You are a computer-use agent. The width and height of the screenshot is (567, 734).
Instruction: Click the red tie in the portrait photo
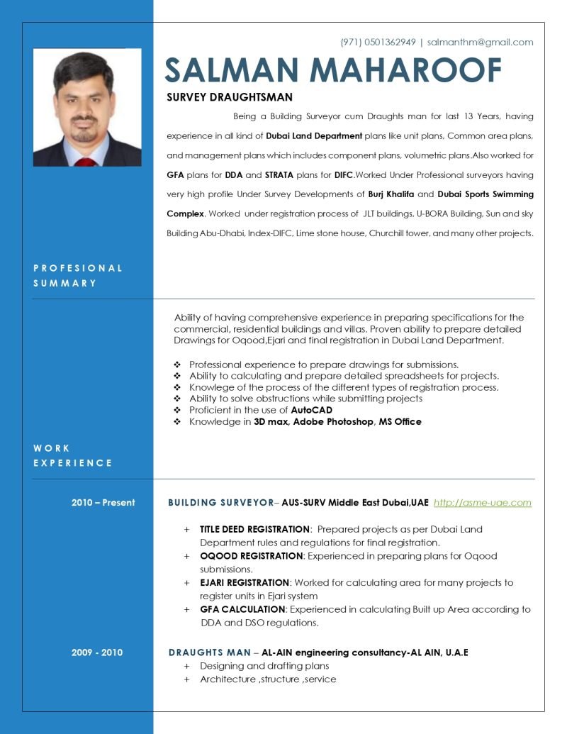pyautogui.click(x=85, y=162)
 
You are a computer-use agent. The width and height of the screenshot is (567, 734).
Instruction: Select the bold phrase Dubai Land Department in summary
pyautogui.click(x=314, y=135)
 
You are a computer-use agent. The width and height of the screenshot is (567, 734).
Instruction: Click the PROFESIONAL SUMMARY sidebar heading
pyautogui.click(x=78, y=276)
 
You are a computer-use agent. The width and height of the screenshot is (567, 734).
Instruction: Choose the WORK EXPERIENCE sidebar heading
pyautogui.click(x=73, y=455)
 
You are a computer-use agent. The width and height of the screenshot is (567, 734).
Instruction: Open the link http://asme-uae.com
pyautogui.click(x=482, y=503)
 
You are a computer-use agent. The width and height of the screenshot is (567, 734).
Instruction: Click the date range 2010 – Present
pyautogui.click(x=103, y=503)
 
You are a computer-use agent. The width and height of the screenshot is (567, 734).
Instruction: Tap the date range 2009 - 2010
pyautogui.click(x=97, y=652)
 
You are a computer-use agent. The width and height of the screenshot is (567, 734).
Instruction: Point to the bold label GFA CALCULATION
pyautogui.click(x=242, y=610)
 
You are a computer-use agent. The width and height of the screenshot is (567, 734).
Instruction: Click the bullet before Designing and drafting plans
pyautogui.click(x=187, y=667)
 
